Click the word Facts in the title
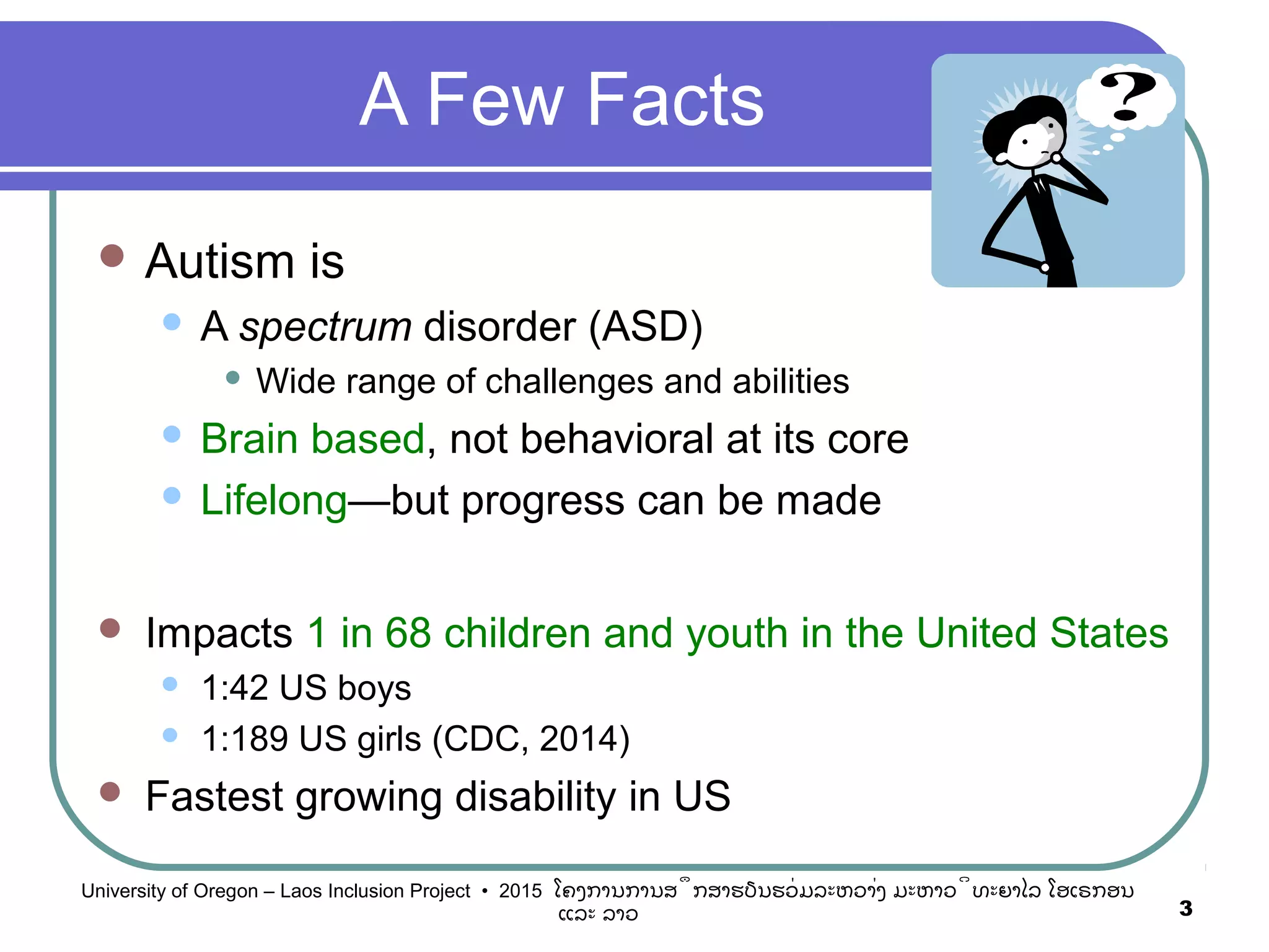(675, 100)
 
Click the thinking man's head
(1025, 133)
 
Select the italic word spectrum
(325, 327)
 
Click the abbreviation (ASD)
(645, 327)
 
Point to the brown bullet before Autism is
(112, 255)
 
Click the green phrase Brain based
(313, 439)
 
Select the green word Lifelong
(274, 501)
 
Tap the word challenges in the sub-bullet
(569, 381)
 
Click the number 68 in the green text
(408, 633)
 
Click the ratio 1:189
(244, 739)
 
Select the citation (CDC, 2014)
(530, 739)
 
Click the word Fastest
(214, 796)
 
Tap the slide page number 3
(1185, 909)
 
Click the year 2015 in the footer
(520, 891)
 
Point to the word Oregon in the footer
(225, 891)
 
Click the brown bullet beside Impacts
(110, 628)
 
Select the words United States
(1042, 633)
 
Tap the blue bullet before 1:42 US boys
(170, 684)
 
